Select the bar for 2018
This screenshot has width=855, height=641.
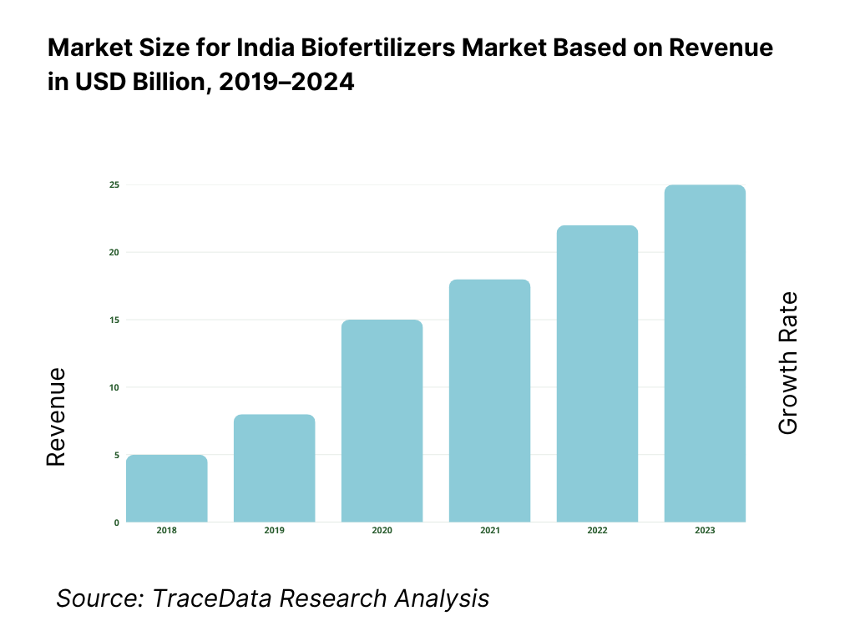point(167,489)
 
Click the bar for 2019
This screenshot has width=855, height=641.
point(275,469)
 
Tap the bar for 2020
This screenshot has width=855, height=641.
point(382,421)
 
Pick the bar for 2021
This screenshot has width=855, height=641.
point(489,401)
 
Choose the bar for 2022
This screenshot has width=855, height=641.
point(597,374)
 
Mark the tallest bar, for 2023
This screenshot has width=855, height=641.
point(705,354)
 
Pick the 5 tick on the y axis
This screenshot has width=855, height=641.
point(116,456)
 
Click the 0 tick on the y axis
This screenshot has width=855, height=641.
point(116,523)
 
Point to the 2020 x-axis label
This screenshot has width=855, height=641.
point(382,531)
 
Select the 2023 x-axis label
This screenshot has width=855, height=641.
point(705,531)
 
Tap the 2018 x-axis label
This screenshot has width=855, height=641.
point(167,531)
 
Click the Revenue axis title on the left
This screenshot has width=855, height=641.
point(56,416)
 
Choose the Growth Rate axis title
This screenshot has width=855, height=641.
point(787,363)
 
